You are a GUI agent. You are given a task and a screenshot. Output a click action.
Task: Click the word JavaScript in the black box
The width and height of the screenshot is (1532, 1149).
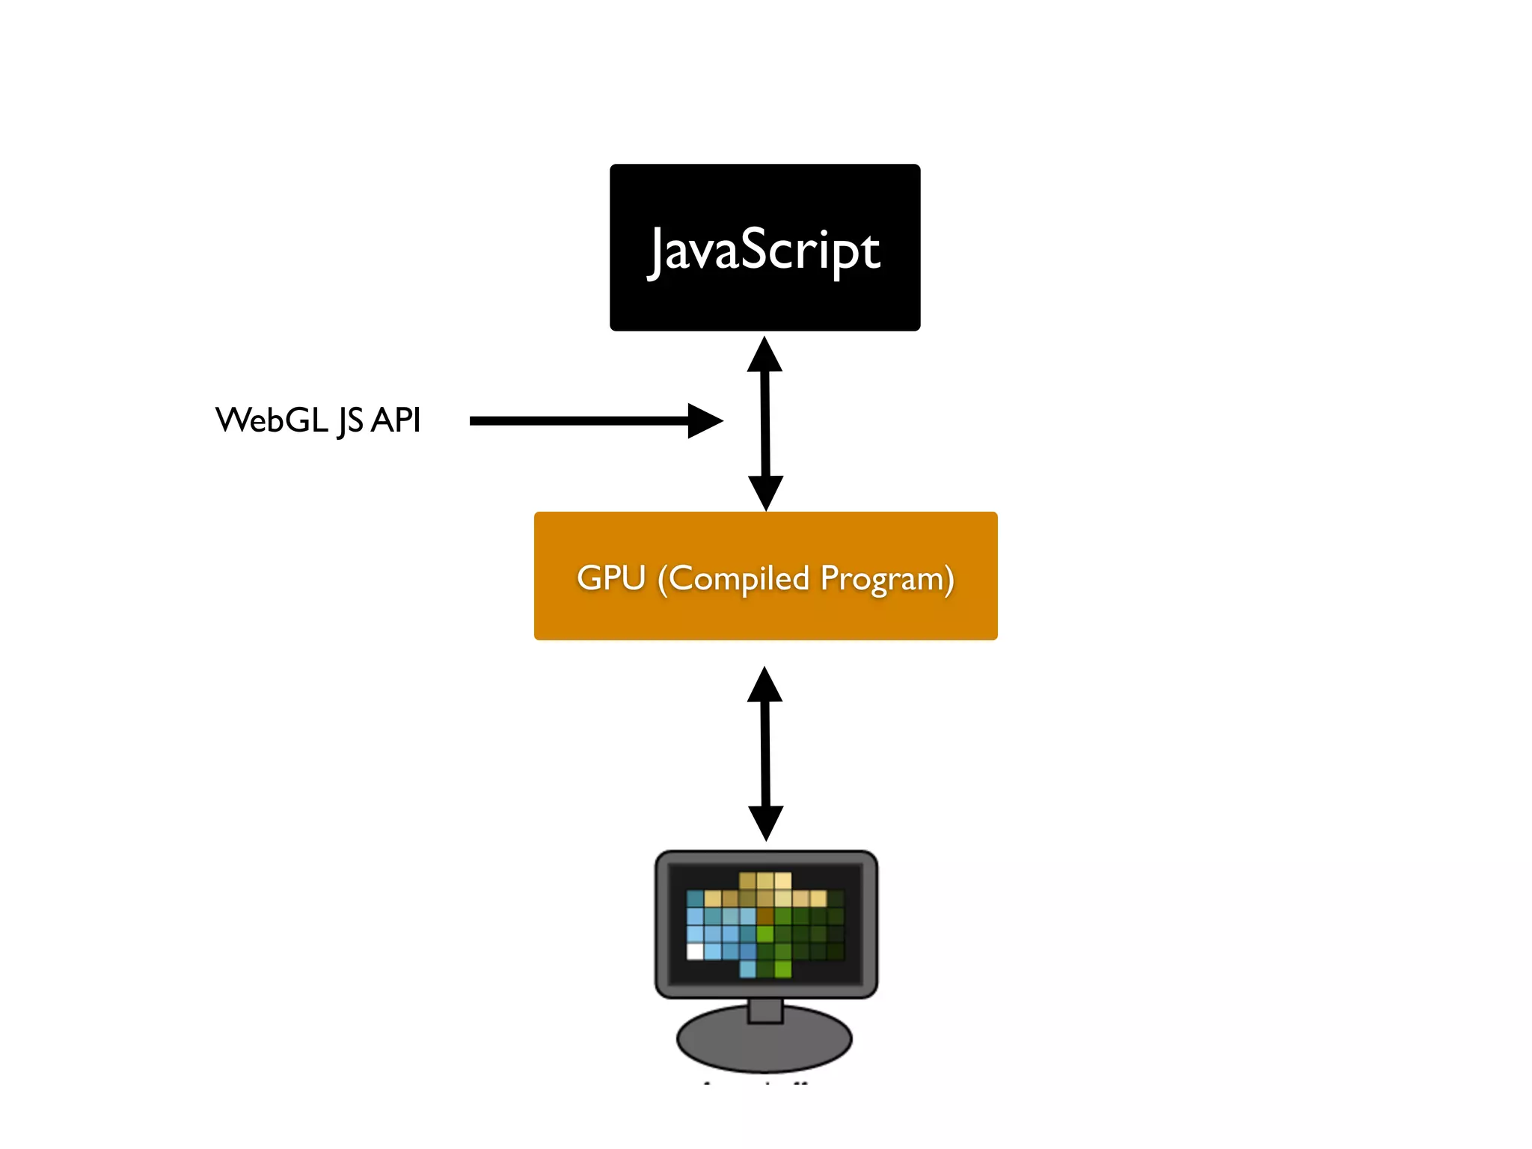click(765, 250)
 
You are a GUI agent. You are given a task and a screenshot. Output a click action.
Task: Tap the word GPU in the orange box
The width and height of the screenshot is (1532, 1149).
click(611, 577)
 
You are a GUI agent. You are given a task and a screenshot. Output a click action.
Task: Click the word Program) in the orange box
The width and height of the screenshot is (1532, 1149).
click(886, 580)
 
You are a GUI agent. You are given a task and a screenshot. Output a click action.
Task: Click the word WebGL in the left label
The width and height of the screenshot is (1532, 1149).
click(272, 420)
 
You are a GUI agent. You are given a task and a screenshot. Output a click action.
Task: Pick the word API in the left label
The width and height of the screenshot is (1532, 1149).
click(396, 420)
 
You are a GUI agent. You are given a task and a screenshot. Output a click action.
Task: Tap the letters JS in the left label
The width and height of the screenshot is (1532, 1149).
click(350, 421)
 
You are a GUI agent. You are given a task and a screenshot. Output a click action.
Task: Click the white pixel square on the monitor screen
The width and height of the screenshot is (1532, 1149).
click(695, 951)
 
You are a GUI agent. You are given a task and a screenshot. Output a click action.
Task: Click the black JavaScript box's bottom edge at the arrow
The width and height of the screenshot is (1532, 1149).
click(765, 329)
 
